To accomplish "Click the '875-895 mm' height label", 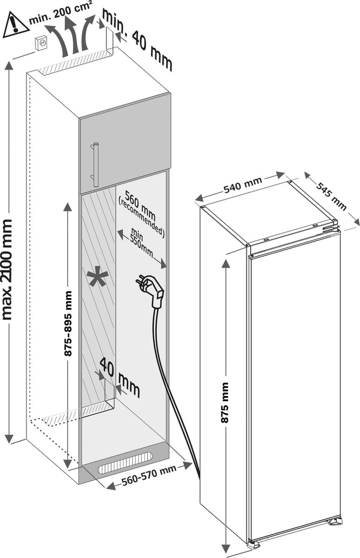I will (68, 324).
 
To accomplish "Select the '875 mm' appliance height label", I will (225, 403).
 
